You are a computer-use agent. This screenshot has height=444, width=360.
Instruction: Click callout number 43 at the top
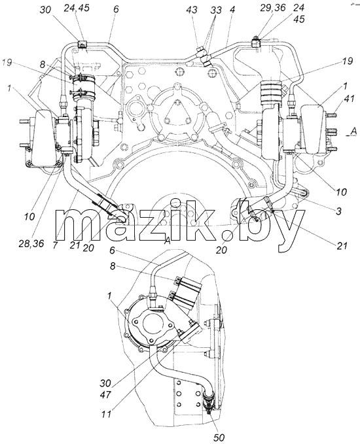(x=192, y=10)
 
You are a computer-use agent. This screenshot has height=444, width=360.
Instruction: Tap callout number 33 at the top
(x=216, y=10)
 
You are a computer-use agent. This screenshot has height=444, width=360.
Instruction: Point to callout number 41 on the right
(x=340, y=99)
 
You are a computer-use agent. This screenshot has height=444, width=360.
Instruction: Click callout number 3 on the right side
(x=338, y=211)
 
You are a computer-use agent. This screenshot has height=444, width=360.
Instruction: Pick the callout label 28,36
(x=32, y=243)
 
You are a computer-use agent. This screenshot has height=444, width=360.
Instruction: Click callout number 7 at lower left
(x=55, y=245)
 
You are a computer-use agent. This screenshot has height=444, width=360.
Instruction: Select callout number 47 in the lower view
(x=105, y=394)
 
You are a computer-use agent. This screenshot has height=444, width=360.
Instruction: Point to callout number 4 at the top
(x=232, y=10)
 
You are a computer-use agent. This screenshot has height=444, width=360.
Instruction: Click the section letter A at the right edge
(x=353, y=131)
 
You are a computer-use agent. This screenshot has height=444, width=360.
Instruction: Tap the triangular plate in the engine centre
(x=177, y=111)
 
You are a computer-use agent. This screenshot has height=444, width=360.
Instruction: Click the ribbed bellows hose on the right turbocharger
(x=271, y=92)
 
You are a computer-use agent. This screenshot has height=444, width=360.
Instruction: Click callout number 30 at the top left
(x=45, y=10)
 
